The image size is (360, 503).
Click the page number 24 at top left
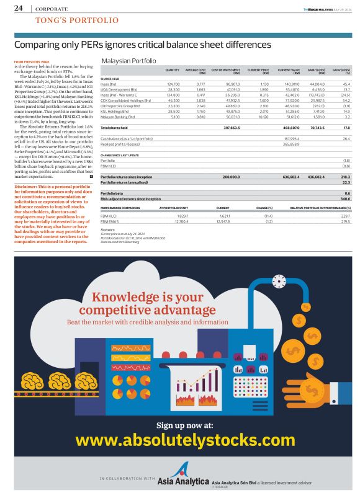click(x=18, y=8)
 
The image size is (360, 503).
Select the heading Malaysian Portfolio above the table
click(x=128, y=61)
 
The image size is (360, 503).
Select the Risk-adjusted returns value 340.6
click(x=346, y=198)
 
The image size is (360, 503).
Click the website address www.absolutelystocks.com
click(x=179, y=440)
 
